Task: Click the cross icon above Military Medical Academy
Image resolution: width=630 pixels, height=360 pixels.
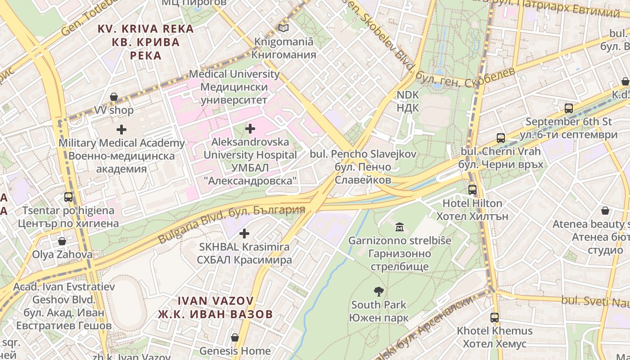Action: (121, 130)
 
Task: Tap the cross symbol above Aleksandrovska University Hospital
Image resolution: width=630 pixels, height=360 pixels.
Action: (250, 129)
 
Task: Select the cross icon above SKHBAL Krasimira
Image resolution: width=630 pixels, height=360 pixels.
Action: (244, 234)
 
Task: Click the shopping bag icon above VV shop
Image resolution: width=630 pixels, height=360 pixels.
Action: (114, 97)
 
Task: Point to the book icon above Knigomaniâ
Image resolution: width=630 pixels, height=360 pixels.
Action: (283, 28)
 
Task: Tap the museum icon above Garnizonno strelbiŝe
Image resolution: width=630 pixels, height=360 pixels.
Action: (399, 227)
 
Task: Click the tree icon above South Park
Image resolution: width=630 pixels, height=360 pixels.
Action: (378, 292)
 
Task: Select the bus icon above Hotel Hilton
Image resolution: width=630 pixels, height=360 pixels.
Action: (472, 190)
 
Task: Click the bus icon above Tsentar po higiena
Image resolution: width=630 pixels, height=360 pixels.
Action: (68, 197)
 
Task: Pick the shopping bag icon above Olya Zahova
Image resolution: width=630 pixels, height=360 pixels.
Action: (62, 242)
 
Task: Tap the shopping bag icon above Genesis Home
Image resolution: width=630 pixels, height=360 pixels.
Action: (234, 337)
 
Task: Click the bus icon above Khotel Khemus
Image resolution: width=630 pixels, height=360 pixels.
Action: (495, 318)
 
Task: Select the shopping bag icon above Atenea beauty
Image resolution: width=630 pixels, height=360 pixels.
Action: (605, 211)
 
